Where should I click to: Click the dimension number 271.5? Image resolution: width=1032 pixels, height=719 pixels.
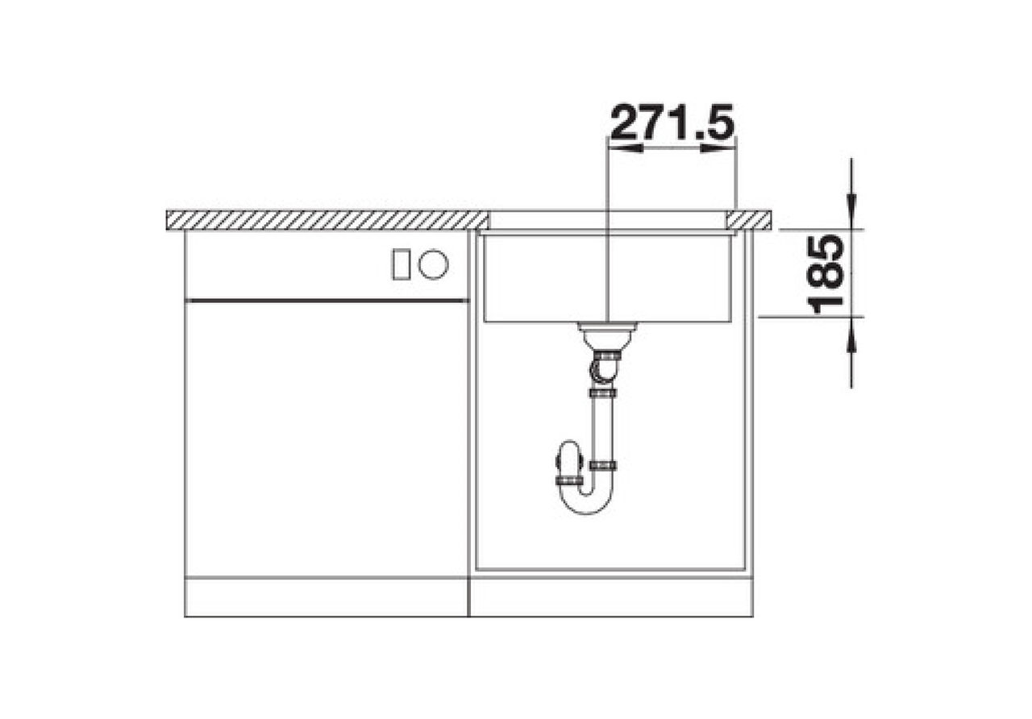pyautogui.click(x=672, y=122)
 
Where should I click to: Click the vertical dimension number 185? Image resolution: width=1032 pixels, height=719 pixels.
pyautogui.click(x=826, y=274)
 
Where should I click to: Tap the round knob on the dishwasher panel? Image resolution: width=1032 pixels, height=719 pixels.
pyautogui.click(x=433, y=264)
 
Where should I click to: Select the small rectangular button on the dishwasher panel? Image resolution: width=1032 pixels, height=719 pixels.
pyautogui.click(x=401, y=264)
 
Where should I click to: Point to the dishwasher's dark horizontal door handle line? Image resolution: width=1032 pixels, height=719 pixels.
pyautogui.click(x=327, y=301)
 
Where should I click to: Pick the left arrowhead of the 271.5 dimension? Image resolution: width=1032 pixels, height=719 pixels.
pyautogui.click(x=626, y=148)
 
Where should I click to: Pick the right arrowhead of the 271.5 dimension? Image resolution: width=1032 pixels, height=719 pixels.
pyautogui.click(x=718, y=148)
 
